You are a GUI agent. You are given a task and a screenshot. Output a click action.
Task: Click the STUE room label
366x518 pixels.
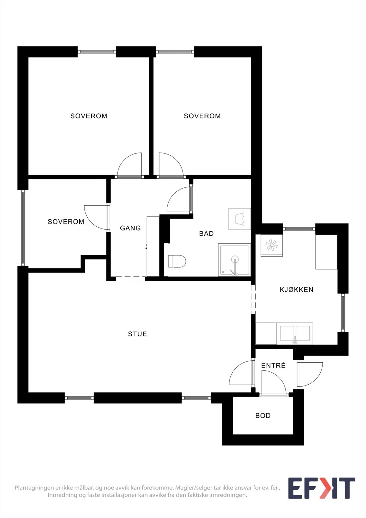tap(137, 334)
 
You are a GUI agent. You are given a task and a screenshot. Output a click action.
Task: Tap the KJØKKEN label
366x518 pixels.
tap(296, 289)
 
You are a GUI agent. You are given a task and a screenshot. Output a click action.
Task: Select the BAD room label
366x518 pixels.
tap(206, 233)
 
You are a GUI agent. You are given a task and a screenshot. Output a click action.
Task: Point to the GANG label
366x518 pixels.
tap(130, 228)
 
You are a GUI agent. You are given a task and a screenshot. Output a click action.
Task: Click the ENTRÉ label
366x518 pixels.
tap(273, 366)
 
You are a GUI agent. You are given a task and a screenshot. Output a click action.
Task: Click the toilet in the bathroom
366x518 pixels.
tap(177, 261)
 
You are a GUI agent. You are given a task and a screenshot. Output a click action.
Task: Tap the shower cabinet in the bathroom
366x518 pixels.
tap(234, 260)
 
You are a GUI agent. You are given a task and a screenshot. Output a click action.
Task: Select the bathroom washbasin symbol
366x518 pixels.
tap(240, 219)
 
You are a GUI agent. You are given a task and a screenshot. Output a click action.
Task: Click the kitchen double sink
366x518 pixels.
tap(295, 334)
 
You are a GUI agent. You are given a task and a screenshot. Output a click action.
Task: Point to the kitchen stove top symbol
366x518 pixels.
tap(272, 245)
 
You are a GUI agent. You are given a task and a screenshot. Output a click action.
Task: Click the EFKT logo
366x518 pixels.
tap(321, 488)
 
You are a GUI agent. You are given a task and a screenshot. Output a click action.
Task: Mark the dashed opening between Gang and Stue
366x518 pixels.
tap(130, 279)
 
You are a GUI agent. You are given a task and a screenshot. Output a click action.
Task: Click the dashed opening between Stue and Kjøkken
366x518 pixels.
tap(253, 299)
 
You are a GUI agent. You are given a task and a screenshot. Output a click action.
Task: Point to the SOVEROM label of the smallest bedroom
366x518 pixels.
tap(66, 222)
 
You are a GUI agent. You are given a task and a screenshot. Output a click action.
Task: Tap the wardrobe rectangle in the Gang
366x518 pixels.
tap(153, 246)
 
